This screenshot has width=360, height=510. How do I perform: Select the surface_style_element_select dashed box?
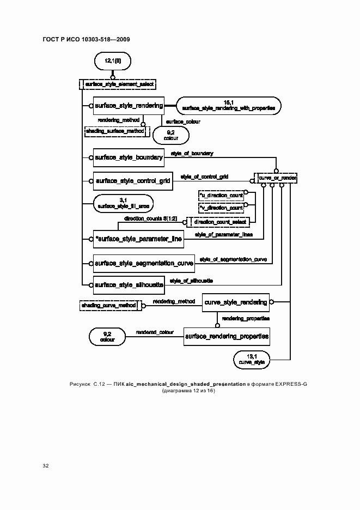118,84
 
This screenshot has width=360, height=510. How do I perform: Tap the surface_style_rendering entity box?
128,106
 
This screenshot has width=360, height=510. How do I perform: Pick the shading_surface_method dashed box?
115,131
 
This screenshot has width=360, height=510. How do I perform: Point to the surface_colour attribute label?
182,122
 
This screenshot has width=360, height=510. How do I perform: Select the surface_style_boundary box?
128,157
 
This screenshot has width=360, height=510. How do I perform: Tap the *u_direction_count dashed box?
220,195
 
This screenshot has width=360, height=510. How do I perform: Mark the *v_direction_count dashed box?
220,208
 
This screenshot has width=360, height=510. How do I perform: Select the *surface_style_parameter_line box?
138,239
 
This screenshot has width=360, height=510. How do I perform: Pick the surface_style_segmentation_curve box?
144,263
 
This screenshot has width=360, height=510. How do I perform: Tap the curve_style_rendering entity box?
235,301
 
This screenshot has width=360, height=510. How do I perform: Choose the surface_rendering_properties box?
227,337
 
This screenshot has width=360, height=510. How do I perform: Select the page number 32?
45,466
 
